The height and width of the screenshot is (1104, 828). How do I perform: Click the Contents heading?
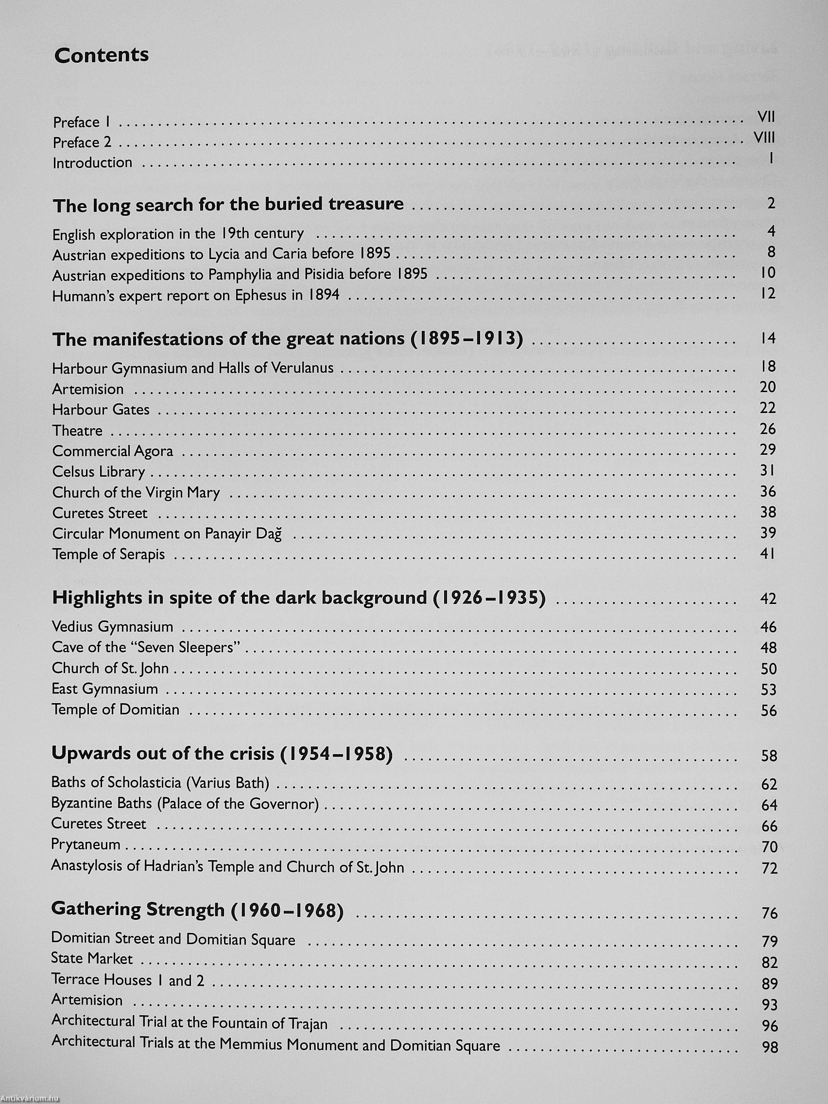pos(102,55)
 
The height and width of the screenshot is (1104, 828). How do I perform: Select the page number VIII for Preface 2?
pos(764,138)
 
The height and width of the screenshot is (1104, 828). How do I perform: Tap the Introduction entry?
pos(92,163)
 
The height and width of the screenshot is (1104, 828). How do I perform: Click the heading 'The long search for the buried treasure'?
pos(228,205)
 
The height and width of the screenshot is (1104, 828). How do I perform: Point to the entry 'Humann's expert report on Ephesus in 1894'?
pos(196,295)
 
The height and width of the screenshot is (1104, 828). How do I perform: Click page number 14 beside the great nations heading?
pos(768,338)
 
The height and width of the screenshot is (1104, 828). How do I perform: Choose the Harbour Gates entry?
pos(101,410)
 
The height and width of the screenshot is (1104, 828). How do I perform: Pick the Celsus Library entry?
pos(98,472)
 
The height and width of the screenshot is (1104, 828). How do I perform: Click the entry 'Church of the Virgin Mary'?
pos(136,493)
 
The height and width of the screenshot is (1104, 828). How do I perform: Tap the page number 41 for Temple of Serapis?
pos(768,553)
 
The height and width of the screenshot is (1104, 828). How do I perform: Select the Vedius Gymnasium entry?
pos(112,627)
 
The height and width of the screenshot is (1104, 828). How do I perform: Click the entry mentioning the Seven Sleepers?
pos(146,647)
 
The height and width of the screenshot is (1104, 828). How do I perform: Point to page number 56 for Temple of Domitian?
pos(769,710)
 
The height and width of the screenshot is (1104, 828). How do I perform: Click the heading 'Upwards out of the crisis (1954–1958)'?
pos(222,754)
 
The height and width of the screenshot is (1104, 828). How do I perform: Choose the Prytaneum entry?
pos(86,845)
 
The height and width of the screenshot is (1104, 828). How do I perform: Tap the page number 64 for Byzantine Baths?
pos(769,805)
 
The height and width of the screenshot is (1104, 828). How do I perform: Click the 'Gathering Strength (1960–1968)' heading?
pos(198,910)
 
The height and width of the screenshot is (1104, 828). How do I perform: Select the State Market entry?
pos(92,959)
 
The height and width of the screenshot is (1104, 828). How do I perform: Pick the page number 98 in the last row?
pos(770,1047)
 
